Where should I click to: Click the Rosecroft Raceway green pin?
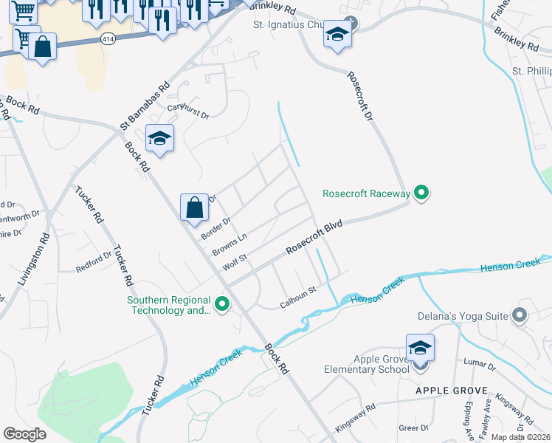(421, 193)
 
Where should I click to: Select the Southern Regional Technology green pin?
(221, 303)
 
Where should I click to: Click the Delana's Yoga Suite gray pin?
(519, 316)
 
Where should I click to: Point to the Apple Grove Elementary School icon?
(419, 348)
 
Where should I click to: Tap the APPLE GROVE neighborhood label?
(451, 391)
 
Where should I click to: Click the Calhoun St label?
(298, 303)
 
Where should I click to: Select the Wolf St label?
(235, 262)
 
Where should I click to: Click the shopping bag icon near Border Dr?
(194, 207)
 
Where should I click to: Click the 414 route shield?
(108, 40)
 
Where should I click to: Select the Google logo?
(25, 433)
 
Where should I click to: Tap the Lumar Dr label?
(480, 361)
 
